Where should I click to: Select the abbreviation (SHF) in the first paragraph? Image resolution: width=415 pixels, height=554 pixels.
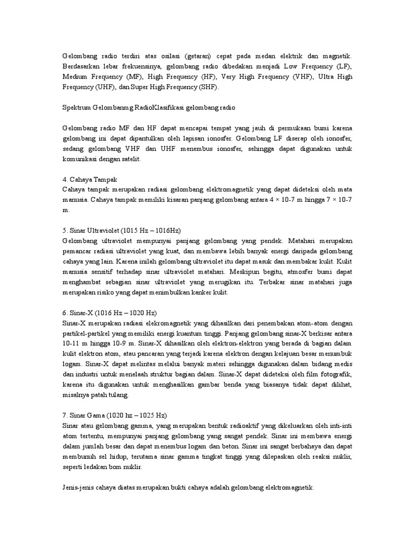tap(209, 87)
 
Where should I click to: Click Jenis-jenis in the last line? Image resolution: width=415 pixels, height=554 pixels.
tap(78, 487)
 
